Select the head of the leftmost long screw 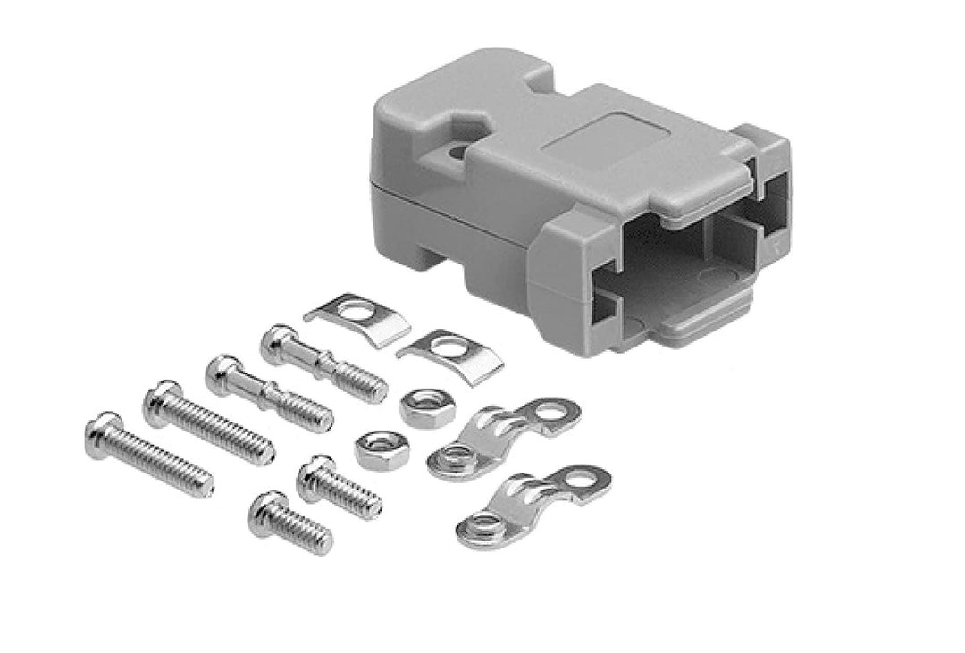[x=103, y=433]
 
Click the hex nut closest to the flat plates [x=419, y=406]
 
